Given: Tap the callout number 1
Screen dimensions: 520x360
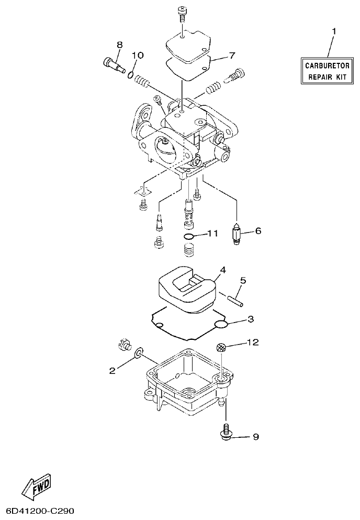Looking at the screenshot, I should [x=333, y=32].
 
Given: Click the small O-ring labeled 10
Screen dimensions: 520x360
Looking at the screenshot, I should [x=130, y=75].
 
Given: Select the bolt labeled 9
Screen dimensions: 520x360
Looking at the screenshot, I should [x=225, y=432].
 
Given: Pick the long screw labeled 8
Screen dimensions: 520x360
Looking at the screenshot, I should [x=111, y=64].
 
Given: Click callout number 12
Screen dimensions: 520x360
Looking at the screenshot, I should [x=253, y=342].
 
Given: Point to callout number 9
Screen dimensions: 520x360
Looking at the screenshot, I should [x=255, y=437].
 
